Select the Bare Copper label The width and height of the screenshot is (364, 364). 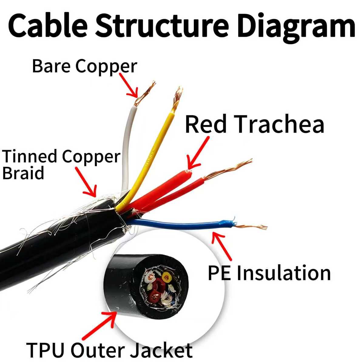click(x=85, y=66)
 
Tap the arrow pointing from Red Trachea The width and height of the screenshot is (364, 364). click(x=197, y=153)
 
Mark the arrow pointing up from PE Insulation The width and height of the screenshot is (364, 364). click(x=221, y=246)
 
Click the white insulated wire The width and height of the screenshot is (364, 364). click(x=126, y=147)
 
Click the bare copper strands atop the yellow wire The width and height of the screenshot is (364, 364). click(x=177, y=99)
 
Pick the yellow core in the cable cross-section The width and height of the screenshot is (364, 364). click(x=166, y=277)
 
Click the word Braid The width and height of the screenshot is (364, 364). click(x=23, y=173)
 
